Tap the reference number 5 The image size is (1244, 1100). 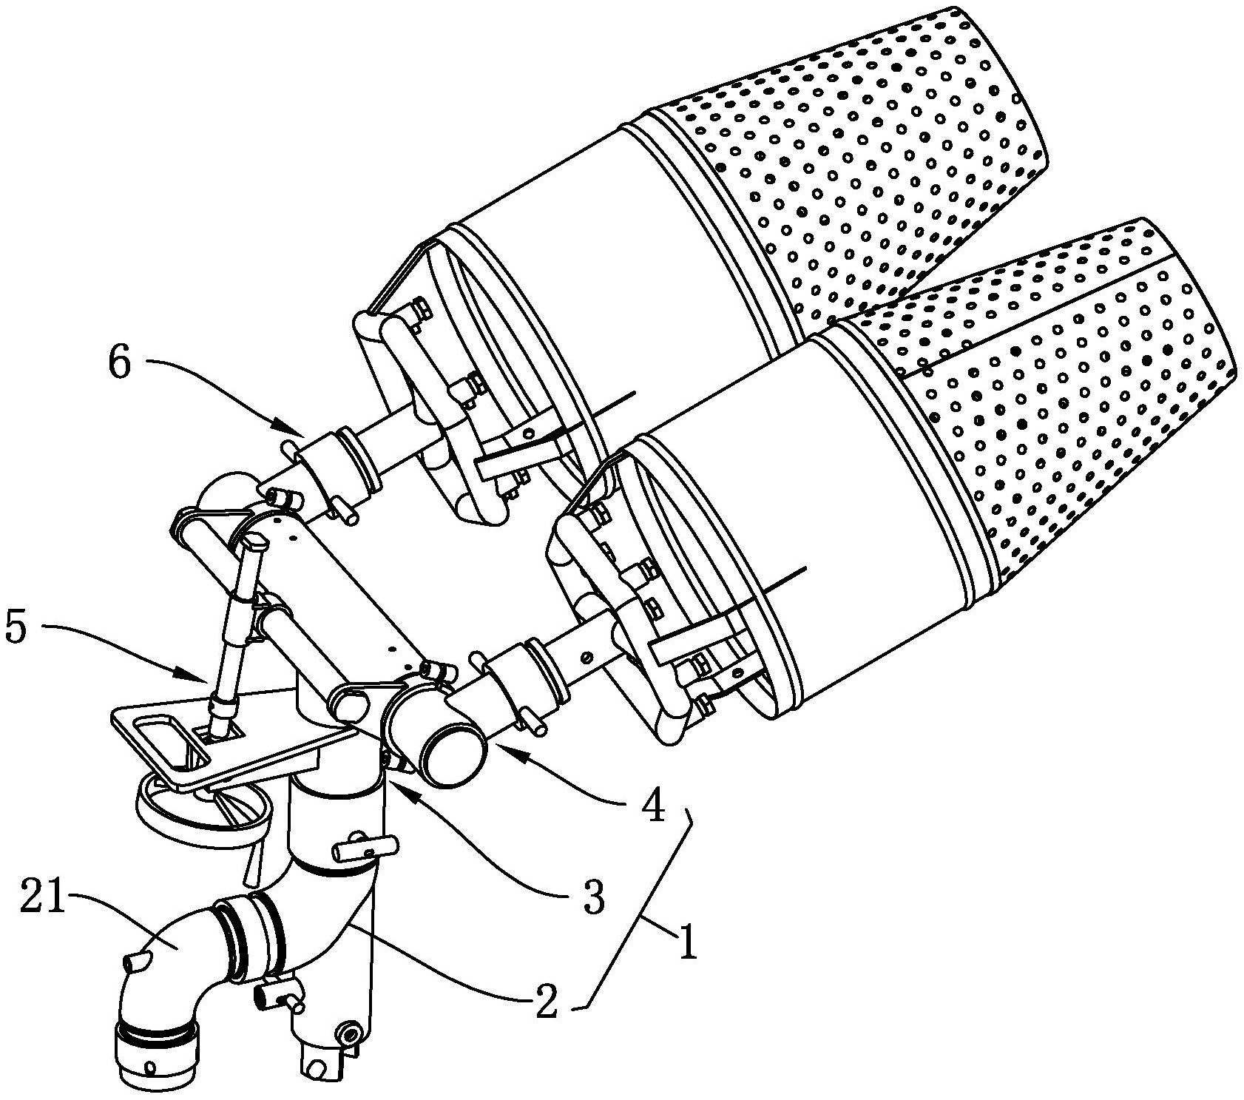[x=16, y=627]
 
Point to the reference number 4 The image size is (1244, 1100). [x=652, y=809]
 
